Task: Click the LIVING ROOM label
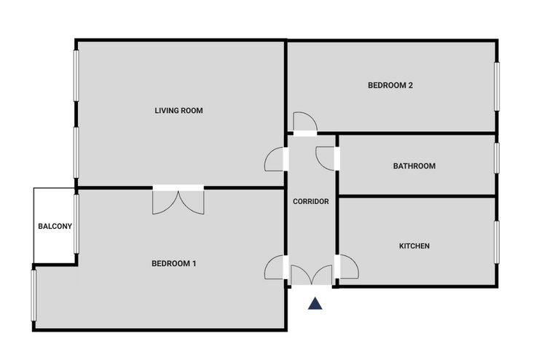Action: pyautogui.click(x=178, y=111)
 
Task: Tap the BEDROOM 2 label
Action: pyautogui.click(x=390, y=85)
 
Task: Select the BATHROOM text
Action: pyautogui.click(x=414, y=166)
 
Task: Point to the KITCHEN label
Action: pyautogui.click(x=414, y=246)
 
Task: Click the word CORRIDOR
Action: pyautogui.click(x=311, y=202)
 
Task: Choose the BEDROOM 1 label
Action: pyautogui.click(x=173, y=264)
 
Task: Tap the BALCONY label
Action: pyautogui.click(x=55, y=226)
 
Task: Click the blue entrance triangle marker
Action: pyautogui.click(x=315, y=304)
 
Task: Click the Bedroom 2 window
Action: pyautogui.click(x=497, y=87)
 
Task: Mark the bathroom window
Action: pyautogui.click(x=497, y=158)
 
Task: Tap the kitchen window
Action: pyautogui.click(x=497, y=242)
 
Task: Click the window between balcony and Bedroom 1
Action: pyautogui.click(x=76, y=224)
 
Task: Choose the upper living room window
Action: pyautogui.click(x=76, y=76)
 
